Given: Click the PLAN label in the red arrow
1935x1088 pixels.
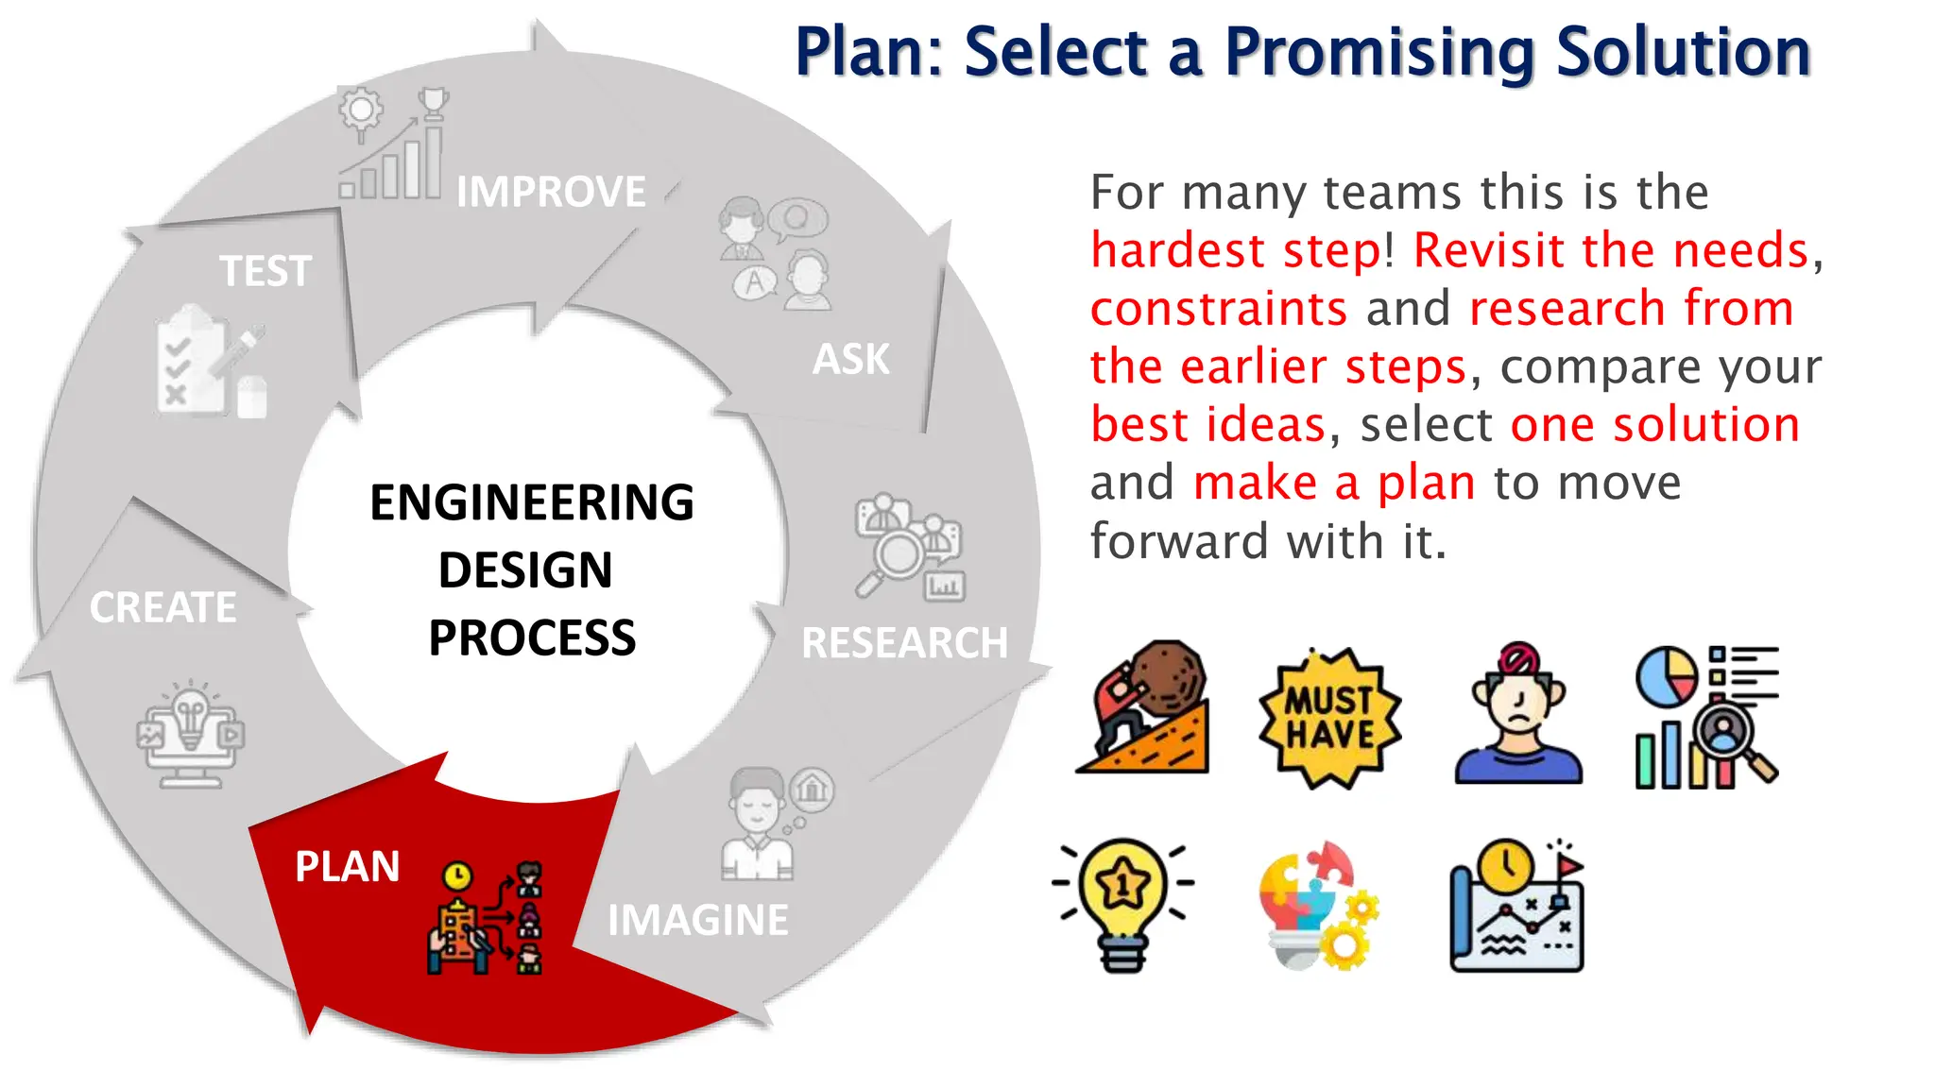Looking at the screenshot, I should [x=347, y=866].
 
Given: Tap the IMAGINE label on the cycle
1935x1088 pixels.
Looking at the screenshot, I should [x=697, y=920].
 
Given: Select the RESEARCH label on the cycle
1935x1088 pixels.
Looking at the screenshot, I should [x=904, y=643].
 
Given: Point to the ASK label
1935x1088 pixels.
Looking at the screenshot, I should [x=850, y=359].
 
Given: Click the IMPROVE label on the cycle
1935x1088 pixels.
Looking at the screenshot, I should [x=551, y=192].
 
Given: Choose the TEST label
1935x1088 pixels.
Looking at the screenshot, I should [x=265, y=271].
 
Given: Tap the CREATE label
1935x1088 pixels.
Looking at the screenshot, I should [x=163, y=607].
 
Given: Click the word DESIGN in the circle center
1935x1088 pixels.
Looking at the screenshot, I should [x=525, y=570].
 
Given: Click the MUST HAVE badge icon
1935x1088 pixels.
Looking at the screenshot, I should [x=1329, y=718].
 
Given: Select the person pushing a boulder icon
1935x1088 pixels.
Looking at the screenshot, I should [x=1144, y=708].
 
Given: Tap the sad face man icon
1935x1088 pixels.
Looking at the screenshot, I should [x=1518, y=715].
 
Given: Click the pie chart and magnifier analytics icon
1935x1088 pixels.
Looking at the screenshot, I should [x=1706, y=717].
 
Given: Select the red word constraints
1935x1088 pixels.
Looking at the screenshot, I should [x=1218, y=309].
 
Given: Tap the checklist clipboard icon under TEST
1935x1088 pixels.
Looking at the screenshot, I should [x=194, y=364].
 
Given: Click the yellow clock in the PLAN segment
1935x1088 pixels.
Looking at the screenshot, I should [x=457, y=875].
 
